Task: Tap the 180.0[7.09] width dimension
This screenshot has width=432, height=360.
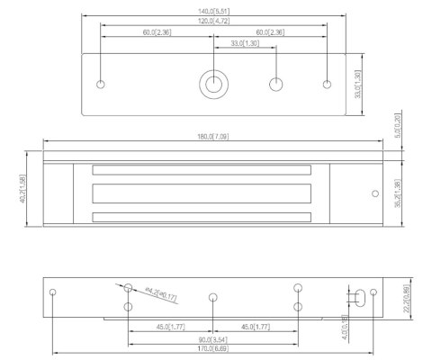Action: [x=212, y=136]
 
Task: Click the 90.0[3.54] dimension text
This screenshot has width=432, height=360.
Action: [x=212, y=339]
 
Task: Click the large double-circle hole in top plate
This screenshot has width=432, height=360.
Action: [x=213, y=85]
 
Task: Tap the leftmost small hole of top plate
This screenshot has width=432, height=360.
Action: [x=101, y=85]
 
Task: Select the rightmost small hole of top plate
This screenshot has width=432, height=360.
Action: [x=326, y=85]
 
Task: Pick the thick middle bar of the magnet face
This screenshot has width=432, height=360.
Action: [x=200, y=193]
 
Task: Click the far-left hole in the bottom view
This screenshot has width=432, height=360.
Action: [x=54, y=292]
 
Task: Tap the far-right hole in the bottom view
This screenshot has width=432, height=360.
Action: [x=371, y=292]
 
